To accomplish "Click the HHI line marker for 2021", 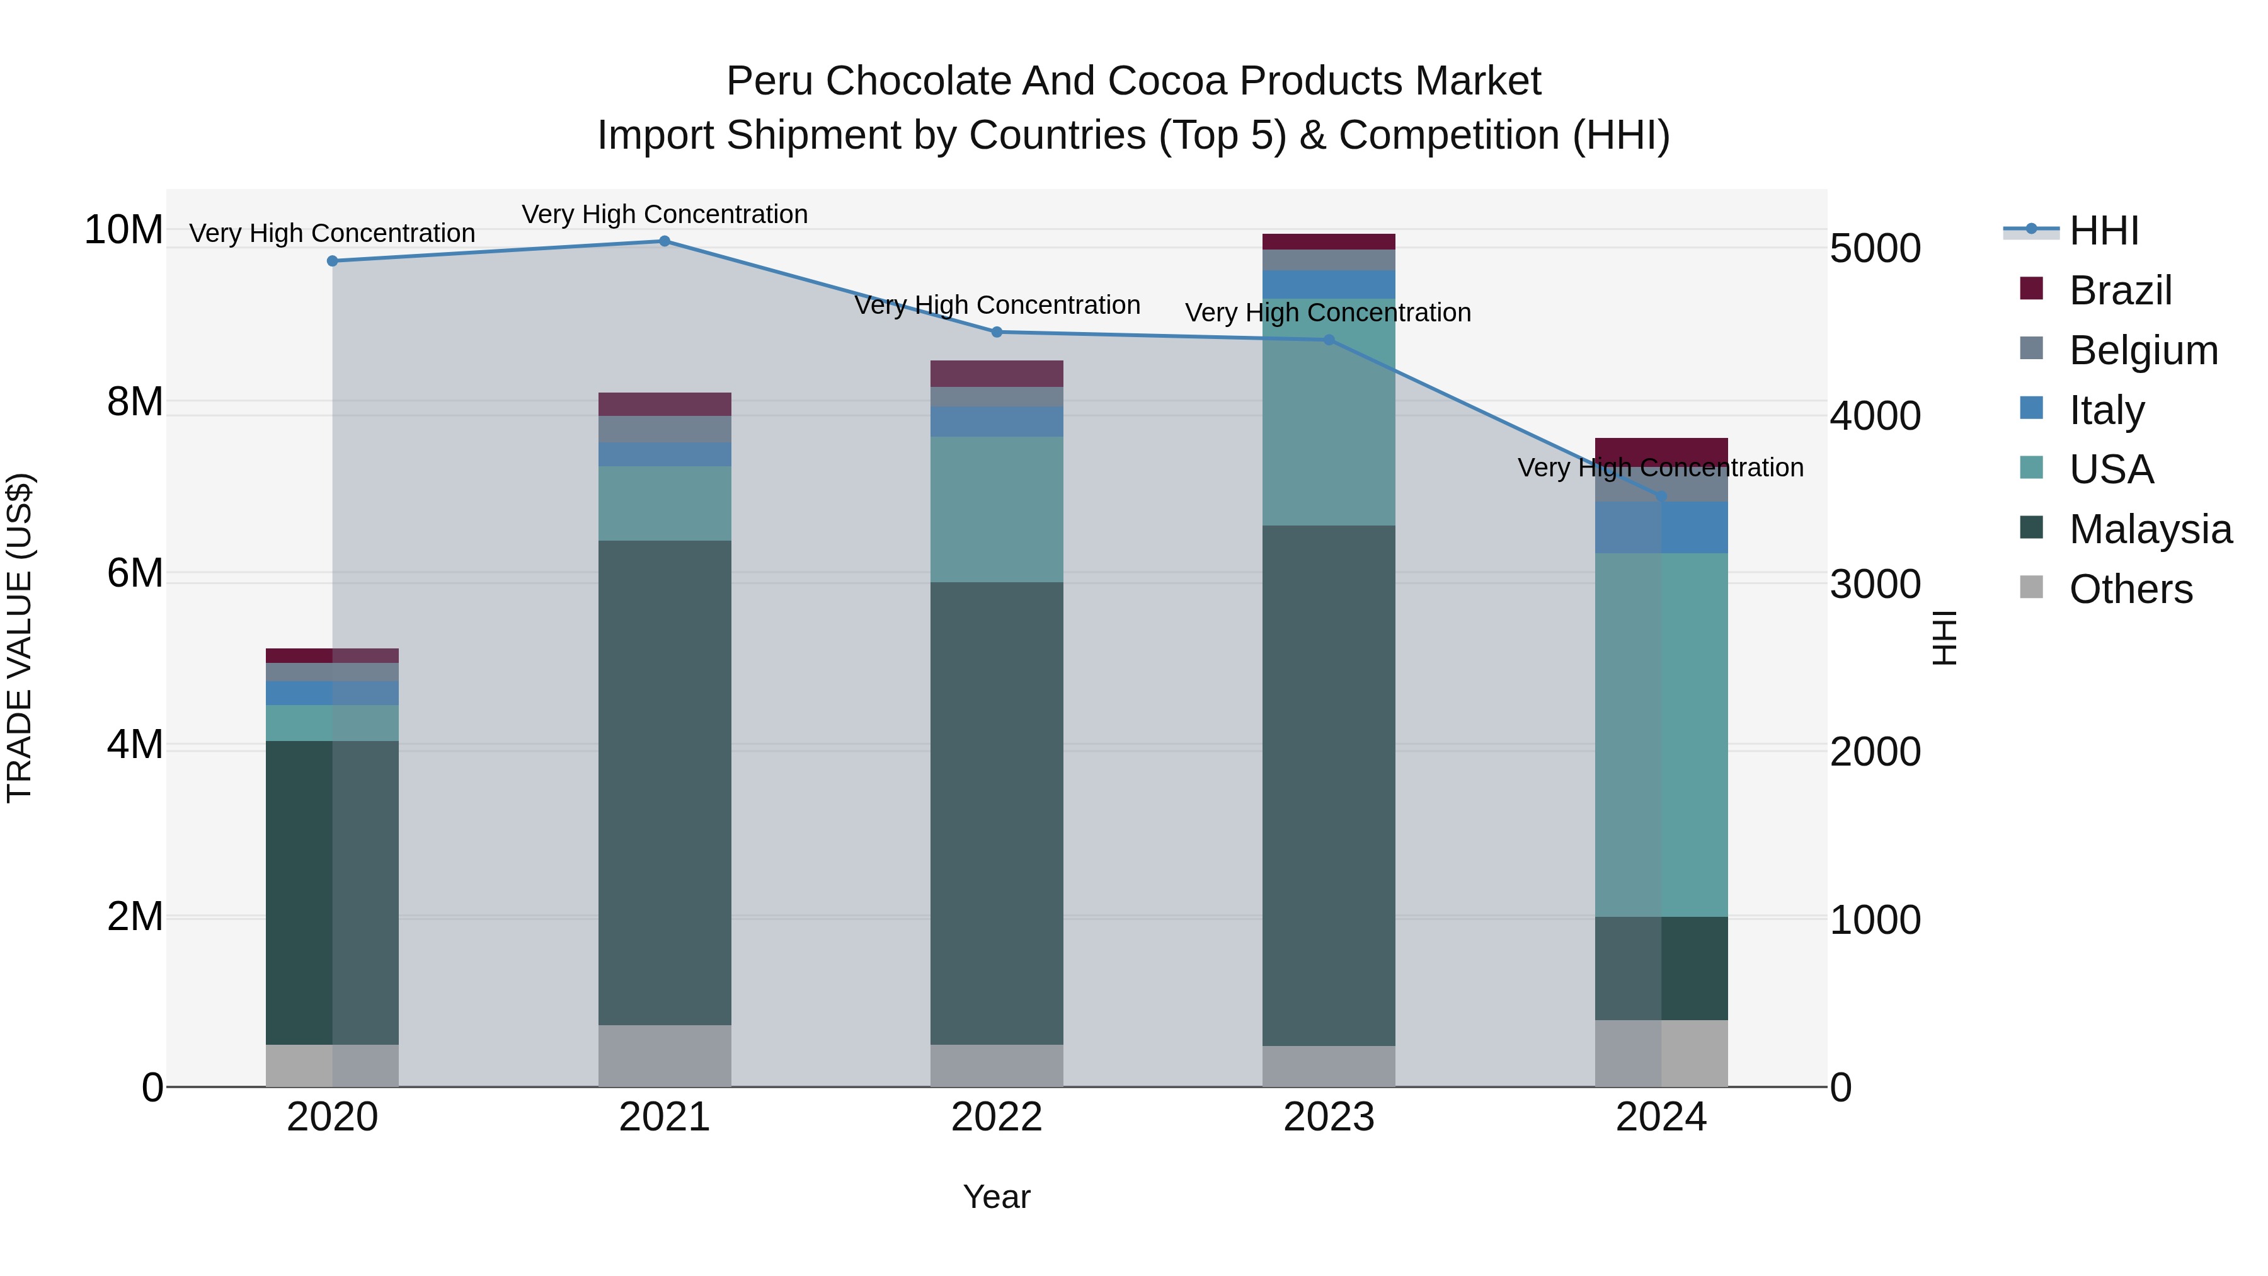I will point(665,241).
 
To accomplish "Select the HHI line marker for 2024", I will point(1661,498).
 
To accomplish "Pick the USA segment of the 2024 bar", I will point(1661,735).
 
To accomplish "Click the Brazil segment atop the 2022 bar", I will point(997,374).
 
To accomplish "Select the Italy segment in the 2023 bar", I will point(1329,284).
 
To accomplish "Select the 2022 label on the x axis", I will point(997,1117).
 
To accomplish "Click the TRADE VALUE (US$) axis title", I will point(20,638).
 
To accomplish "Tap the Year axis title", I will point(997,1197).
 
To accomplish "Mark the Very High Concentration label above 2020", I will point(332,233).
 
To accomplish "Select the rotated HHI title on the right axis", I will point(1944,638).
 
